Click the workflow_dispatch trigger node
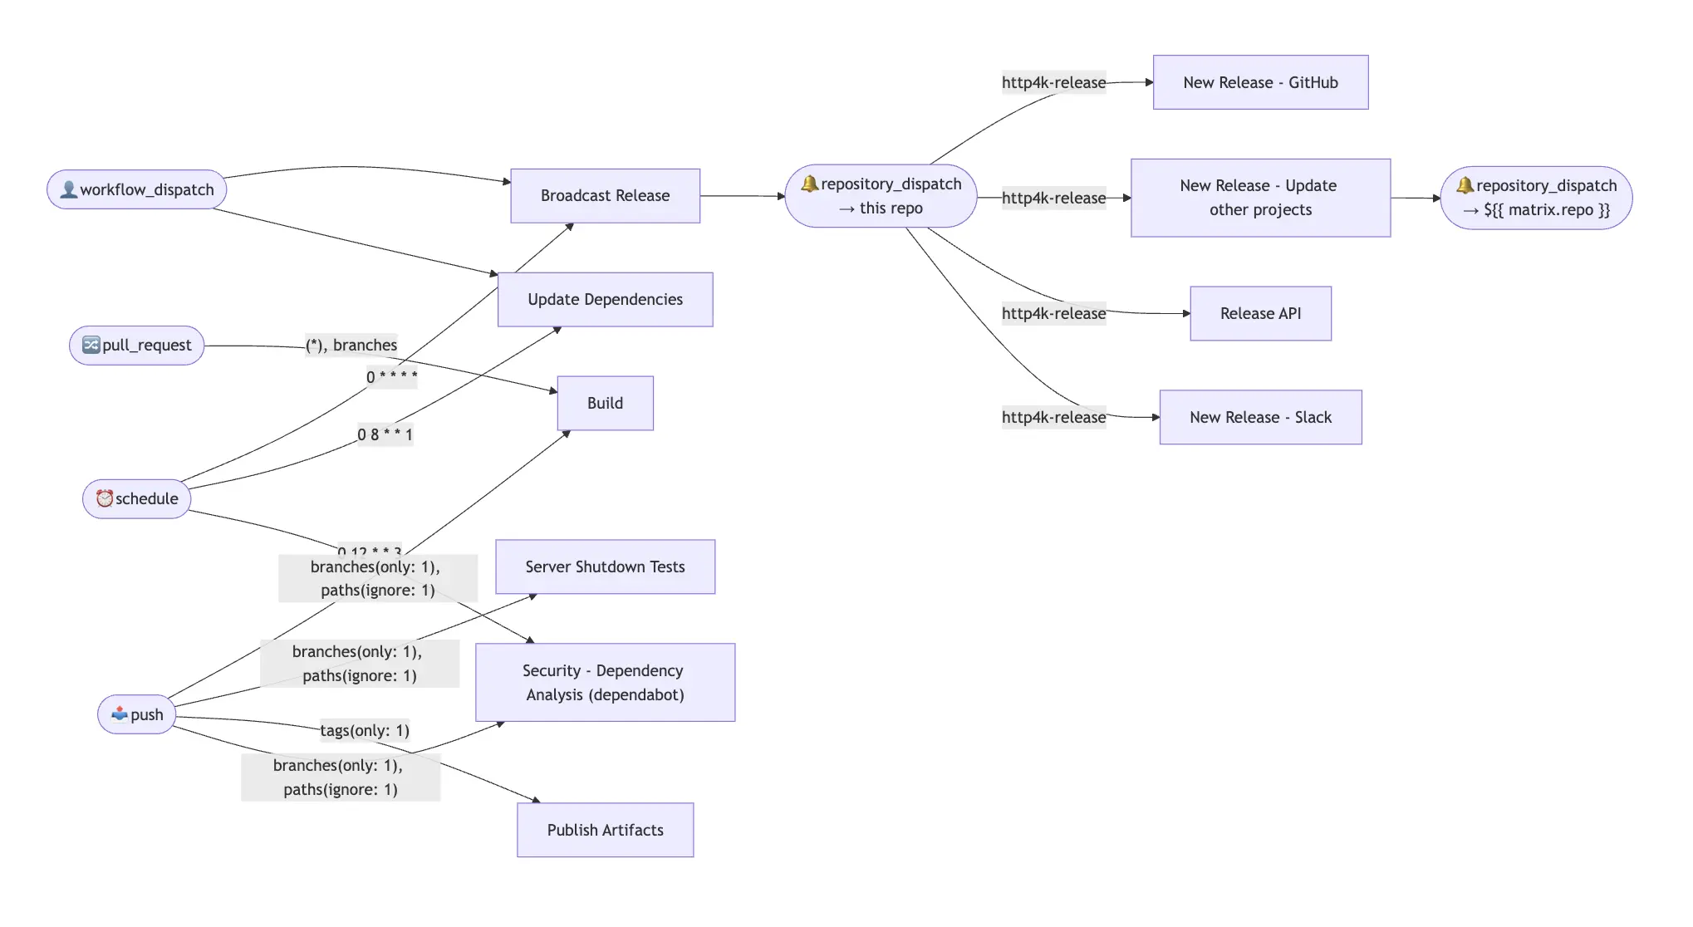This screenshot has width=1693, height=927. [x=137, y=189]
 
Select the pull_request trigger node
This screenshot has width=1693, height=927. [x=137, y=345]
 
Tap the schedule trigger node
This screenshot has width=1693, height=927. [x=137, y=498]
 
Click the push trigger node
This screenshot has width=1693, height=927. [x=137, y=714]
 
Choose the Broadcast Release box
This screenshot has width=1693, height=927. [x=605, y=195]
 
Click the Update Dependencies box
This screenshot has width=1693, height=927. [x=605, y=299]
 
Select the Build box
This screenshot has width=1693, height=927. [x=605, y=403]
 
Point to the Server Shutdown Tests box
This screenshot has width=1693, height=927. [x=605, y=566]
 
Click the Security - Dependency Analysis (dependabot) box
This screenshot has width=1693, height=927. [x=605, y=682]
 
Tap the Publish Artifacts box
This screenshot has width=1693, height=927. [x=605, y=830]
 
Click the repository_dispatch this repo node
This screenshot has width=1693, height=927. [x=881, y=196]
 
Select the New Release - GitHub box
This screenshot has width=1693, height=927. [x=1260, y=82]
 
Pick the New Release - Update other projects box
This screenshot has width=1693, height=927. [x=1260, y=198]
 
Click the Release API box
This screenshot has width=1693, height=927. [x=1260, y=313]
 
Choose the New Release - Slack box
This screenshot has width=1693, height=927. [x=1260, y=417]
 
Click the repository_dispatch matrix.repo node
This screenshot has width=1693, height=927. [x=1536, y=198]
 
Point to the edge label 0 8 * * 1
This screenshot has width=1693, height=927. [x=385, y=434]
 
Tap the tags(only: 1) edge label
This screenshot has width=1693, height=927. [x=365, y=730]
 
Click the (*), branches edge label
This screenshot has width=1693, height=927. [x=351, y=345]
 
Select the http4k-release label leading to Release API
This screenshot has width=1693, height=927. [x=1053, y=313]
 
